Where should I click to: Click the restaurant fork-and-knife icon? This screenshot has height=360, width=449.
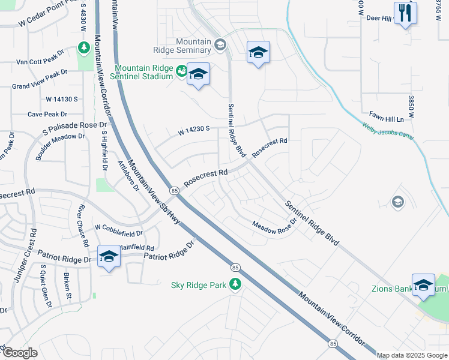click(406, 13)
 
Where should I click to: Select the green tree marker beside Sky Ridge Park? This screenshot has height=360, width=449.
click(236, 284)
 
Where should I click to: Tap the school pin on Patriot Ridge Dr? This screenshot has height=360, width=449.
click(108, 256)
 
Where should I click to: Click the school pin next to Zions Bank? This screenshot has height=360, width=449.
click(423, 284)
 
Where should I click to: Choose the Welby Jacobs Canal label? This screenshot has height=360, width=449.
click(388, 131)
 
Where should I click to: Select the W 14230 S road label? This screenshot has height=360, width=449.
click(193, 128)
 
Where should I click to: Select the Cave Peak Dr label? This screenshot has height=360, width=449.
click(47, 114)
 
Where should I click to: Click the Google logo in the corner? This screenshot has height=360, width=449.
click(20, 352)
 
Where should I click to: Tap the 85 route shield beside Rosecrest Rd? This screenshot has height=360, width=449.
click(174, 190)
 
